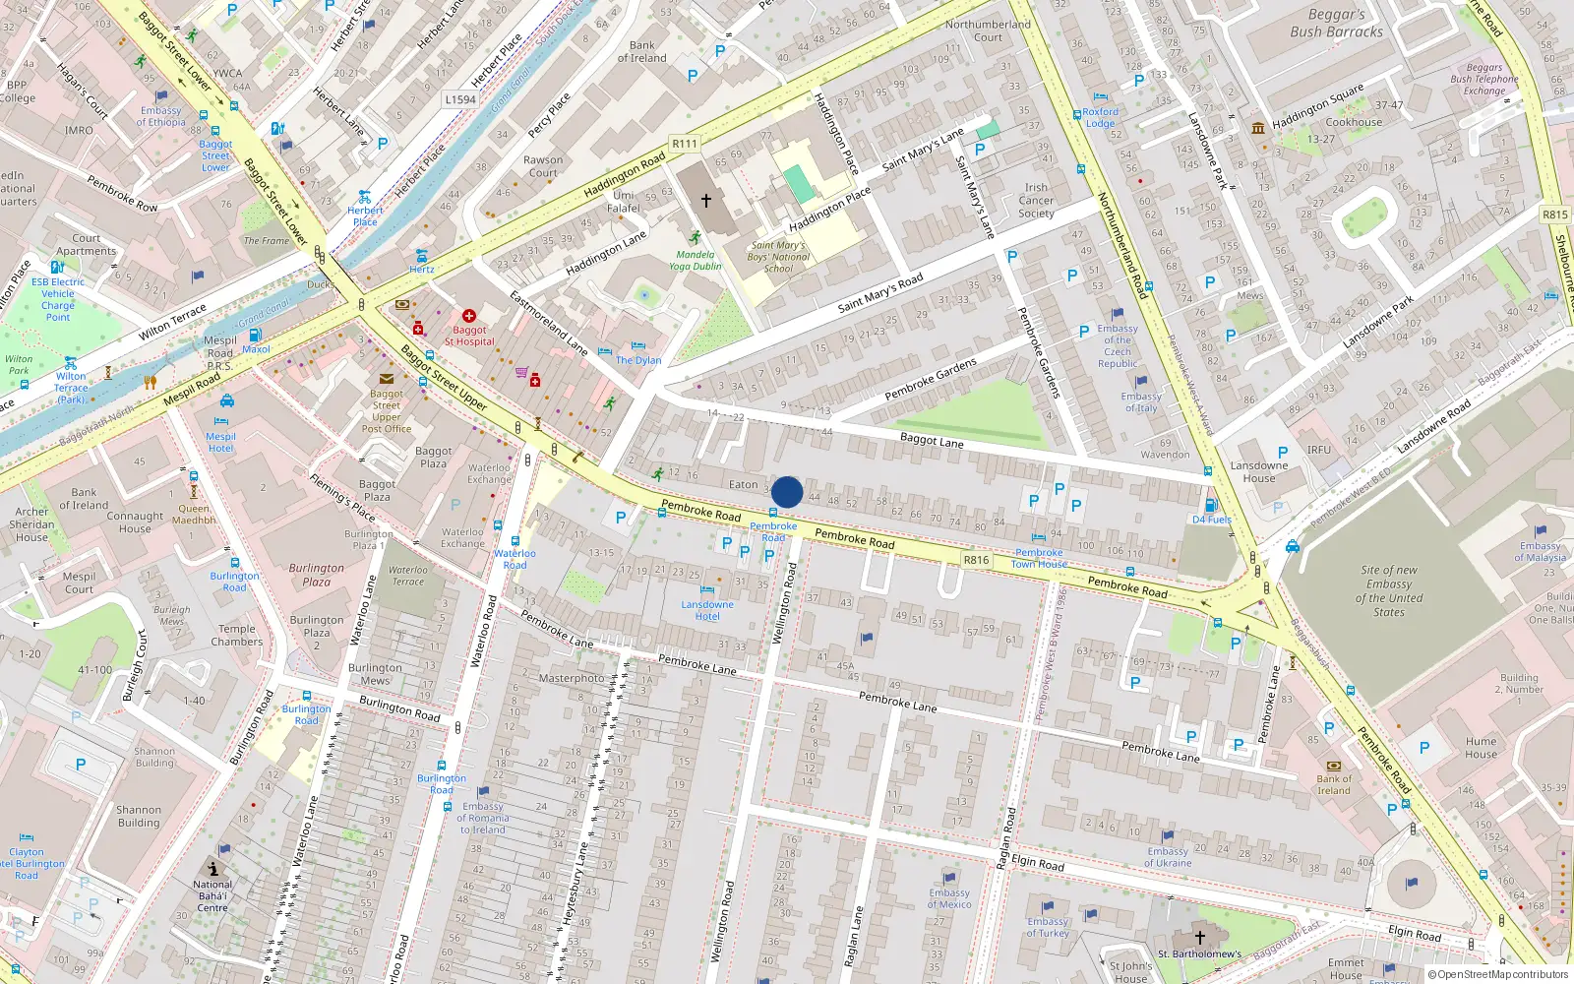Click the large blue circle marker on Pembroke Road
[787, 492]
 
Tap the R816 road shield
[976, 560]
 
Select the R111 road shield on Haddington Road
[685, 144]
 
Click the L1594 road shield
[459, 99]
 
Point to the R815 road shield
[1555, 215]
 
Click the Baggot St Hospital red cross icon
[469, 317]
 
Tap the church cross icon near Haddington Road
[705, 201]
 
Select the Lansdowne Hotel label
[707, 610]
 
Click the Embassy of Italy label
[1141, 401]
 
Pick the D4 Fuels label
[1212, 520]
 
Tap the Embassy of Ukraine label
[1168, 857]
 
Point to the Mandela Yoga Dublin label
[696, 260]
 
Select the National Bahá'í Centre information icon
[213, 869]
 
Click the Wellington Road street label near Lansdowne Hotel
[783, 603]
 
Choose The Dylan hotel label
[638, 360]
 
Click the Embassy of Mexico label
[949, 898]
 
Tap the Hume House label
[1481, 748]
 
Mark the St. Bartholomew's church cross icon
[1199, 938]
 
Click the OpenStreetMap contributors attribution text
[1497, 975]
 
